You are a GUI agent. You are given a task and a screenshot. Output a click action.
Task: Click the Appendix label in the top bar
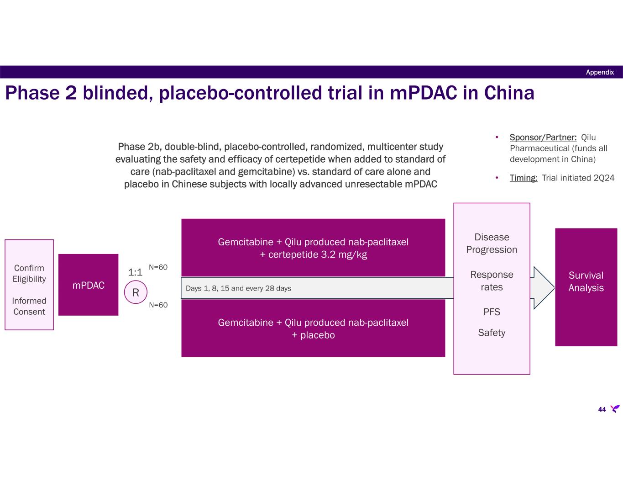(x=600, y=72)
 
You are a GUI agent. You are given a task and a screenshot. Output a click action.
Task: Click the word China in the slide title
(x=509, y=93)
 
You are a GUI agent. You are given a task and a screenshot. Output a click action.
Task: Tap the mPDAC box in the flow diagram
(x=89, y=286)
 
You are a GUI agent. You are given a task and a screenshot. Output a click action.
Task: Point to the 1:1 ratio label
(x=136, y=273)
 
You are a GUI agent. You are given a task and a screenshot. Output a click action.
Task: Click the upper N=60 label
(x=158, y=267)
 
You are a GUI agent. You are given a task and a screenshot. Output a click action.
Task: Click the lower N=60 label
(x=158, y=305)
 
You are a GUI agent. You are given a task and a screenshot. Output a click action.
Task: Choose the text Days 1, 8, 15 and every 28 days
(x=238, y=288)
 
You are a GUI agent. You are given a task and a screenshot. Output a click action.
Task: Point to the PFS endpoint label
(x=492, y=312)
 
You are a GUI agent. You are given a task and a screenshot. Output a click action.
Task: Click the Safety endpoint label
(x=492, y=333)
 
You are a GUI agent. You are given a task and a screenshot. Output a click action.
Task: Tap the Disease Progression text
(x=492, y=244)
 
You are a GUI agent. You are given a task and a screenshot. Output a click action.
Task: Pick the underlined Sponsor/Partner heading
(x=543, y=138)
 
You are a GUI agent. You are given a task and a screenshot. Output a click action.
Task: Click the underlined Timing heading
(x=524, y=178)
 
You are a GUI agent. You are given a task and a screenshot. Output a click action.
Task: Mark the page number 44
(x=602, y=409)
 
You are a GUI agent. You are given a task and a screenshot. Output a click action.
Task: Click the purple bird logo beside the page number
(x=615, y=408)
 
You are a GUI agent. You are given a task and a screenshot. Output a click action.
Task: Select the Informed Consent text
(x=29, y=306)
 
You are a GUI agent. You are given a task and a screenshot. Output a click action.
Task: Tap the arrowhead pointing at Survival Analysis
(x=544, y=288)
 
